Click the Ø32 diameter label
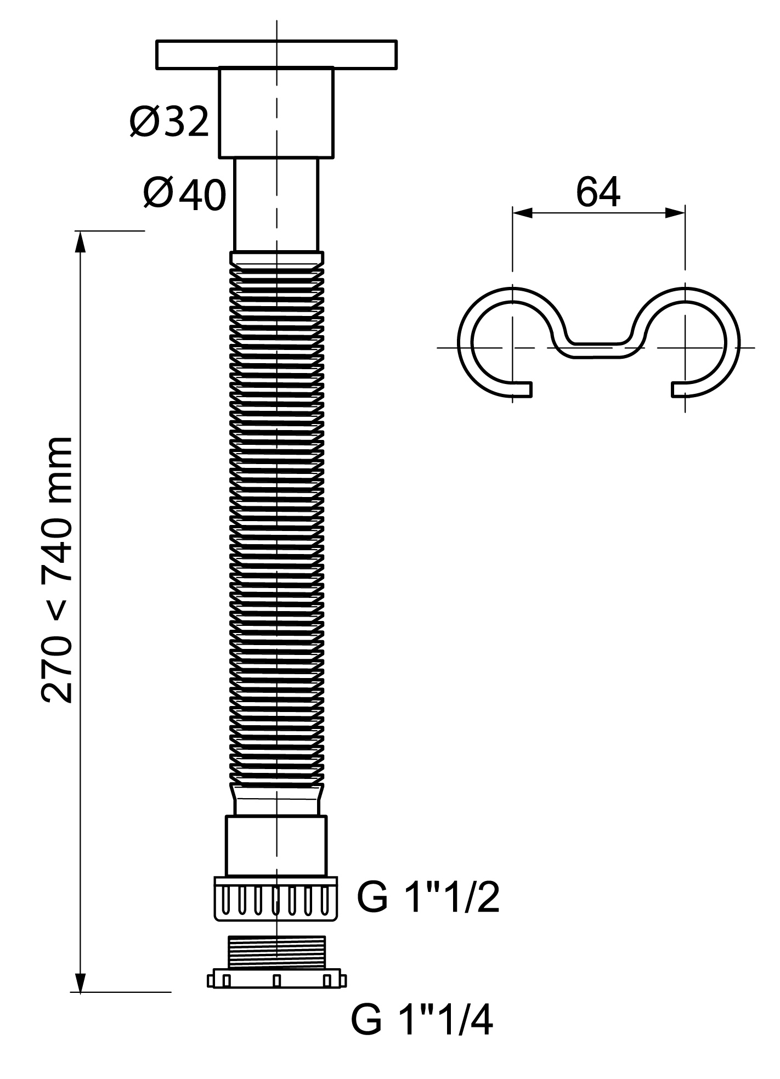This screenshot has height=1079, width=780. pos(169,121)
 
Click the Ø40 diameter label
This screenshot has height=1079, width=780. pos(185,194)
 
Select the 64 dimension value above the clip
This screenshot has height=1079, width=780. pos(598,192)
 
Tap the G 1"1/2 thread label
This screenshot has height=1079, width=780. pos(428,897)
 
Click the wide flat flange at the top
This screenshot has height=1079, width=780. pos(276,54)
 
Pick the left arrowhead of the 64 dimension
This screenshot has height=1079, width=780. pos(523,212)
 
